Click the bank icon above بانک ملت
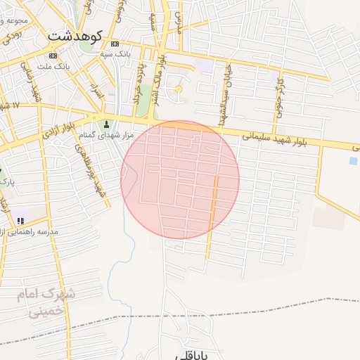(53, 56)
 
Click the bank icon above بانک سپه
(115, 44)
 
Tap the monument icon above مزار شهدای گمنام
(107, 124)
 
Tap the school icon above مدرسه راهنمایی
(20, 221)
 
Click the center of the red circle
(180, 180)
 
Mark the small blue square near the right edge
(353, 160)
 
